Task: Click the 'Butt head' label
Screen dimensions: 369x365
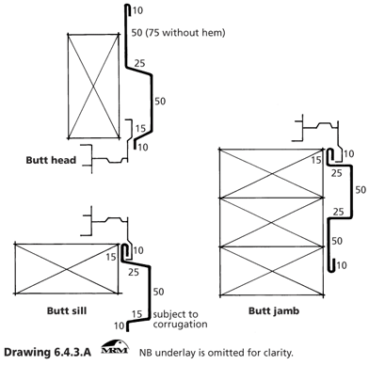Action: tap(51, 160)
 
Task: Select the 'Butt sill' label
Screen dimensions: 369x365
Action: tap(67, 310)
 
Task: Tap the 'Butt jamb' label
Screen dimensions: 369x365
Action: tap(274, 310)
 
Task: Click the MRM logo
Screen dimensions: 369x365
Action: tap(115, 347)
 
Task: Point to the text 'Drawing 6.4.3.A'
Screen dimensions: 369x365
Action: tap(48, 352)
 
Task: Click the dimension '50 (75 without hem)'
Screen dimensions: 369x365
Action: tap(178, 32)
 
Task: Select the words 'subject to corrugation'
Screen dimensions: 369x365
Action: tap(180, 319)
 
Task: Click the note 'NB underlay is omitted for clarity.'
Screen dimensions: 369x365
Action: tap(217, 353)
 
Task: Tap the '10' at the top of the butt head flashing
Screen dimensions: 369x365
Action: tap(137, 10)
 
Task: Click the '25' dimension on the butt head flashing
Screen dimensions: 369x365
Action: tap(139, 63)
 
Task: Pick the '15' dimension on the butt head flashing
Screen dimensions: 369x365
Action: tap(140, 128)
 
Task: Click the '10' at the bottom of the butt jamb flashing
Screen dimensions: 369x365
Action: tap(342, 265)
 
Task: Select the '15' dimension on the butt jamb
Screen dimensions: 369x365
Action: tap(316, 160)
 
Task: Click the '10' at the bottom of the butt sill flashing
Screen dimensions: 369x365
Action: tap(120, 325)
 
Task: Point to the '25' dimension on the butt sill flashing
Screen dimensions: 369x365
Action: tap(134, 272)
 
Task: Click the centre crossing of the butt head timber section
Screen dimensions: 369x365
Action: tap(93, 86)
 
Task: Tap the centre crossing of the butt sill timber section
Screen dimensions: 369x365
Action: tap(67, 269)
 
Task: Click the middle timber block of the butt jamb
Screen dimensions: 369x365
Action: tap(271, 222)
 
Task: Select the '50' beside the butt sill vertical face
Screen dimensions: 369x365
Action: tap(158, 292)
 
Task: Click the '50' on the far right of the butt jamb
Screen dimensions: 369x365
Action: tap(361, 190)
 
